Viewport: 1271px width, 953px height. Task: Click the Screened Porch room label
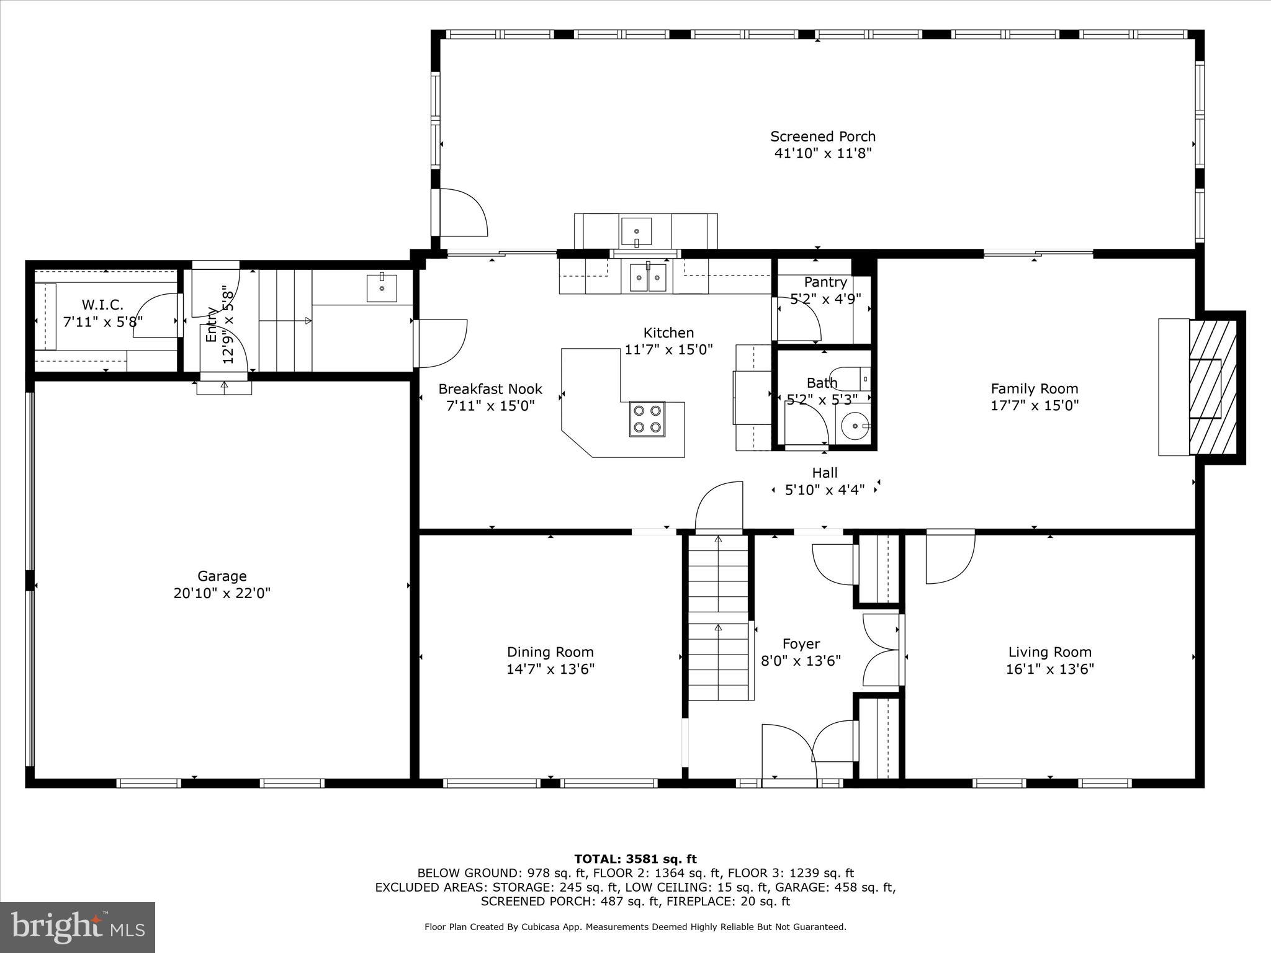(823, 136)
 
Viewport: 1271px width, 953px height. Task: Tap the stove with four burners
(647, 419)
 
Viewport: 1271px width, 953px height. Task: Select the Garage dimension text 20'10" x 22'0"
(222, 593)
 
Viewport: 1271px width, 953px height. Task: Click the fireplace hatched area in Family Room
(1212, 388)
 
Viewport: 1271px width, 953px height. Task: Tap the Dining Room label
(550, 652)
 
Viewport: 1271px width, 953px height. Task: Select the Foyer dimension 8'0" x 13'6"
(801, 661)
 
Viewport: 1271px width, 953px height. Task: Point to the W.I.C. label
(102, 305)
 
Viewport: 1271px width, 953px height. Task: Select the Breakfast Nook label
(490, 389)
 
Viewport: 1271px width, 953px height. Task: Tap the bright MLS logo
(78, 927)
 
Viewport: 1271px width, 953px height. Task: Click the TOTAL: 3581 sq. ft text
(635, 859)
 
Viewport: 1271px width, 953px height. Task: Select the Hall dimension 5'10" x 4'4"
(824, 490)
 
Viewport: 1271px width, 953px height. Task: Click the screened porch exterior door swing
(462, 213)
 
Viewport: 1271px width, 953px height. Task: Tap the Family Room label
(1034, 389)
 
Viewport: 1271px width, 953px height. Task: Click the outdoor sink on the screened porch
(636, 231)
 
